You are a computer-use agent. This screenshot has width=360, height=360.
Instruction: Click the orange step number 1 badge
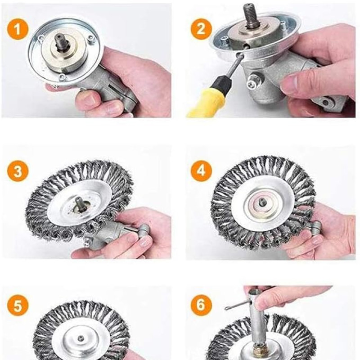click(x=18, y=30)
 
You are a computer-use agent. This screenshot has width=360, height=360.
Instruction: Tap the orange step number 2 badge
click(x=201, y=29)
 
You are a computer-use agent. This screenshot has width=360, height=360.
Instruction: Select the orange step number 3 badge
click(x=18, y=171)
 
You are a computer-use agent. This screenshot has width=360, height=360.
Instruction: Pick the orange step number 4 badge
click(x=201, y=171)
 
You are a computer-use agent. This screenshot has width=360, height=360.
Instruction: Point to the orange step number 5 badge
click(x=18, y=306)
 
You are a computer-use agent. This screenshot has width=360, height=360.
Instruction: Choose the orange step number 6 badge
click(x=201, y=305)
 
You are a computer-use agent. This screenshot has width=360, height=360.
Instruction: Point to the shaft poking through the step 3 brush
click(x=80, y=204)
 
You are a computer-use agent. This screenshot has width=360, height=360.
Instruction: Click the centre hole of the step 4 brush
click(x=261, y=202)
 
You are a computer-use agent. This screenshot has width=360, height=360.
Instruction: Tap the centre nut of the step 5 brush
click(x=81, y=338)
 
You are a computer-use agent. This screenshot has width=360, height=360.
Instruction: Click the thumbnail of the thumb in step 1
click(x=88, y=99)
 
